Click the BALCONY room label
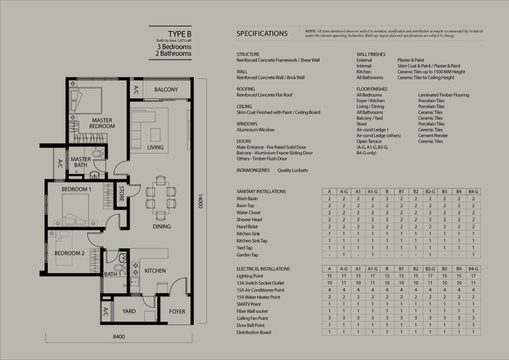tap(166, 89)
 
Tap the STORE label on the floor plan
tap(122, 193)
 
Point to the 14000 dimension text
tap(200, 201)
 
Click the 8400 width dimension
tap(119, 337)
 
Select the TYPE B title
tap(180, 34)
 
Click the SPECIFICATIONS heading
tap(262, 33)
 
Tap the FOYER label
tap(177, 312)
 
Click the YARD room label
tap(129, 311)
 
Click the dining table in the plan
tap(161, 198)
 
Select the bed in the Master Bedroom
tap(85, 100)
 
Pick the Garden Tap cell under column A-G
tap(344, 254)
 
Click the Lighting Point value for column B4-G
tap(473, 276)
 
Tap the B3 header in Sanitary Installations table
tap(445, 192)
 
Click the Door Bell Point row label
tap(250, 325)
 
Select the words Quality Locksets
tap(293, 170)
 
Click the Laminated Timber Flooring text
tap(444, 95)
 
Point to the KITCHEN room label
tap(155, 271)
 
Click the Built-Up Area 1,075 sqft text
tap(174, 41)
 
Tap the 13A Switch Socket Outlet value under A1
tap(358, 283)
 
